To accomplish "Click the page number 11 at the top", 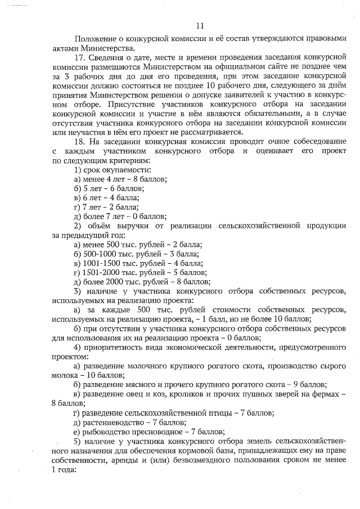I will [200, 25].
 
